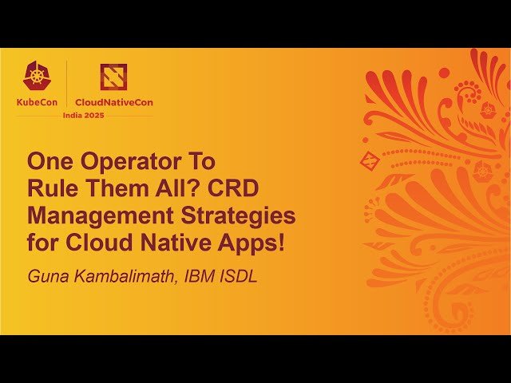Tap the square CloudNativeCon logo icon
[113, 77]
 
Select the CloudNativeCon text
[113, 102]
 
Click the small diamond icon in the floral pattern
[369, 159]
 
